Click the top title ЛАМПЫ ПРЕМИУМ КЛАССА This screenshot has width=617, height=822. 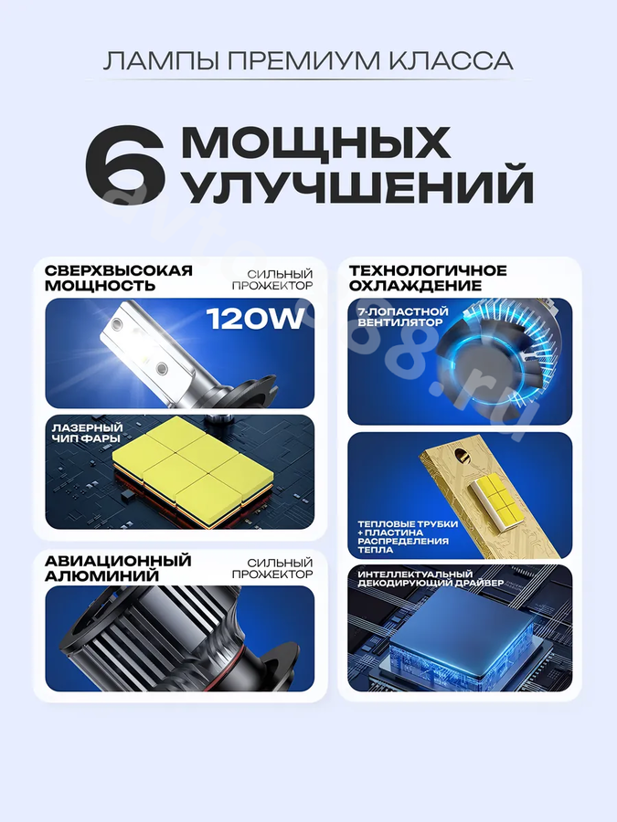coord(308,61)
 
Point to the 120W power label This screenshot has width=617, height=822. coord(256,318)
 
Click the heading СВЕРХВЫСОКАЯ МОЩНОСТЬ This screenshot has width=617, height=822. coord(119,278)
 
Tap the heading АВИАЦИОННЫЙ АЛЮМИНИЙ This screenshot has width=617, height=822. coord(118,568)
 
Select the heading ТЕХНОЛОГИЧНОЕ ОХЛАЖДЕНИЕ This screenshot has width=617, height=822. coord(428,278)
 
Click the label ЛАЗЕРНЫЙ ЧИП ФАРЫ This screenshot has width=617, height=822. coord(87,433)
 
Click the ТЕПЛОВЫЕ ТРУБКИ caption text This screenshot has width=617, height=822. coord(408,523)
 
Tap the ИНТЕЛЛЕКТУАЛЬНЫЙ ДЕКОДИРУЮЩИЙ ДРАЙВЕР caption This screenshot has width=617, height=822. coord(431,578)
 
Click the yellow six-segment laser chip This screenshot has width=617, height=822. coord(193,470)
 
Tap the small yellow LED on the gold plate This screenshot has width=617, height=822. coord(492,495)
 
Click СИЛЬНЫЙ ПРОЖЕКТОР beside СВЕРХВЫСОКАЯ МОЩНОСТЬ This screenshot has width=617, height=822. coord(272,280)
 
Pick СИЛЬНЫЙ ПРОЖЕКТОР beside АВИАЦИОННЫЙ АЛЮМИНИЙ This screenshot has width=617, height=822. coord(272,568)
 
